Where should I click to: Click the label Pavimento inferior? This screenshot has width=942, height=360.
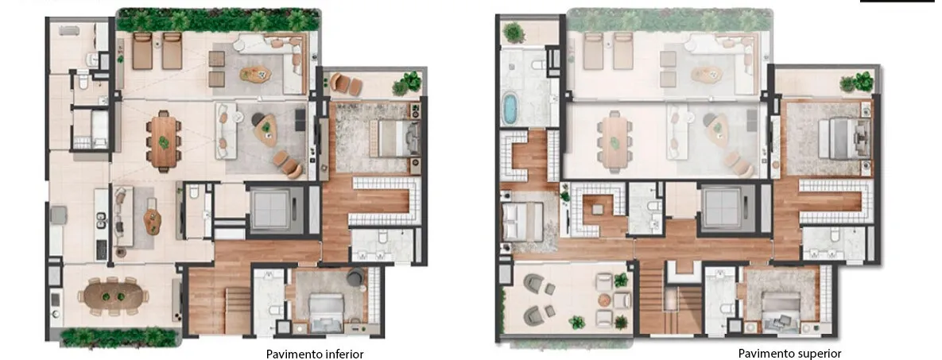[314, 354]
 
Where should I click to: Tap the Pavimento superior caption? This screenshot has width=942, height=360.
[789, 354]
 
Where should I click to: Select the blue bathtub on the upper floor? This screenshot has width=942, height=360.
[510, 109]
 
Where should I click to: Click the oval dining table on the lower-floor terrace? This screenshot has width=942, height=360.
[113, 296]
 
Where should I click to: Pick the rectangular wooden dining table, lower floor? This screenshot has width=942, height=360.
[164, 140]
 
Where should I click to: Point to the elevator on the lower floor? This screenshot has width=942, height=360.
[269, 210]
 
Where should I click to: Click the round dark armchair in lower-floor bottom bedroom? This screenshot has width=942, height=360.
[355, 277]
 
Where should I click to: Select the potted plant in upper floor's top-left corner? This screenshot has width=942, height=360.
[514, 32]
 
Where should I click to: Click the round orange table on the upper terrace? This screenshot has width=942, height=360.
[604, 300]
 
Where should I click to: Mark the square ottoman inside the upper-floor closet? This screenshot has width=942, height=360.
[596, 209]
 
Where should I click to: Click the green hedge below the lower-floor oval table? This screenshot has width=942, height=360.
[119, 337]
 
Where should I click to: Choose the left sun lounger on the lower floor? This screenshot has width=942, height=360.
[141, 51]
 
